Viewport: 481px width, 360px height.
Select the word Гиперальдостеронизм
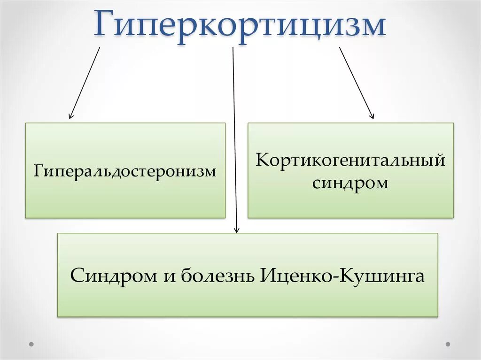point(125,171)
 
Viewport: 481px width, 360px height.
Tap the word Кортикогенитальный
point(350,160)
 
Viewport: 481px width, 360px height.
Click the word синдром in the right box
point(350,183)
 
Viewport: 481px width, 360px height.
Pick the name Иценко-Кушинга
point(341,275)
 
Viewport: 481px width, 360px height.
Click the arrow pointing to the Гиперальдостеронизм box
point(85,83)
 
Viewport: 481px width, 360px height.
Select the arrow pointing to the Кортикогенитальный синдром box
point(357,83)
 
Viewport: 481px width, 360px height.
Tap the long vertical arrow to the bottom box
point(235,141)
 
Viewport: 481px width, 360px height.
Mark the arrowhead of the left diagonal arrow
point(70,116)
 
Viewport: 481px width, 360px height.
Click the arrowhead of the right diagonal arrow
point(372,116)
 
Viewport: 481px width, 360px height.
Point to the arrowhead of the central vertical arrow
point(237,230)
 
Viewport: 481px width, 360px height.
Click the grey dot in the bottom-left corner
point(31,344)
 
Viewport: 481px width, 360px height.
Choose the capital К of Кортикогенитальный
point(263,160)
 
